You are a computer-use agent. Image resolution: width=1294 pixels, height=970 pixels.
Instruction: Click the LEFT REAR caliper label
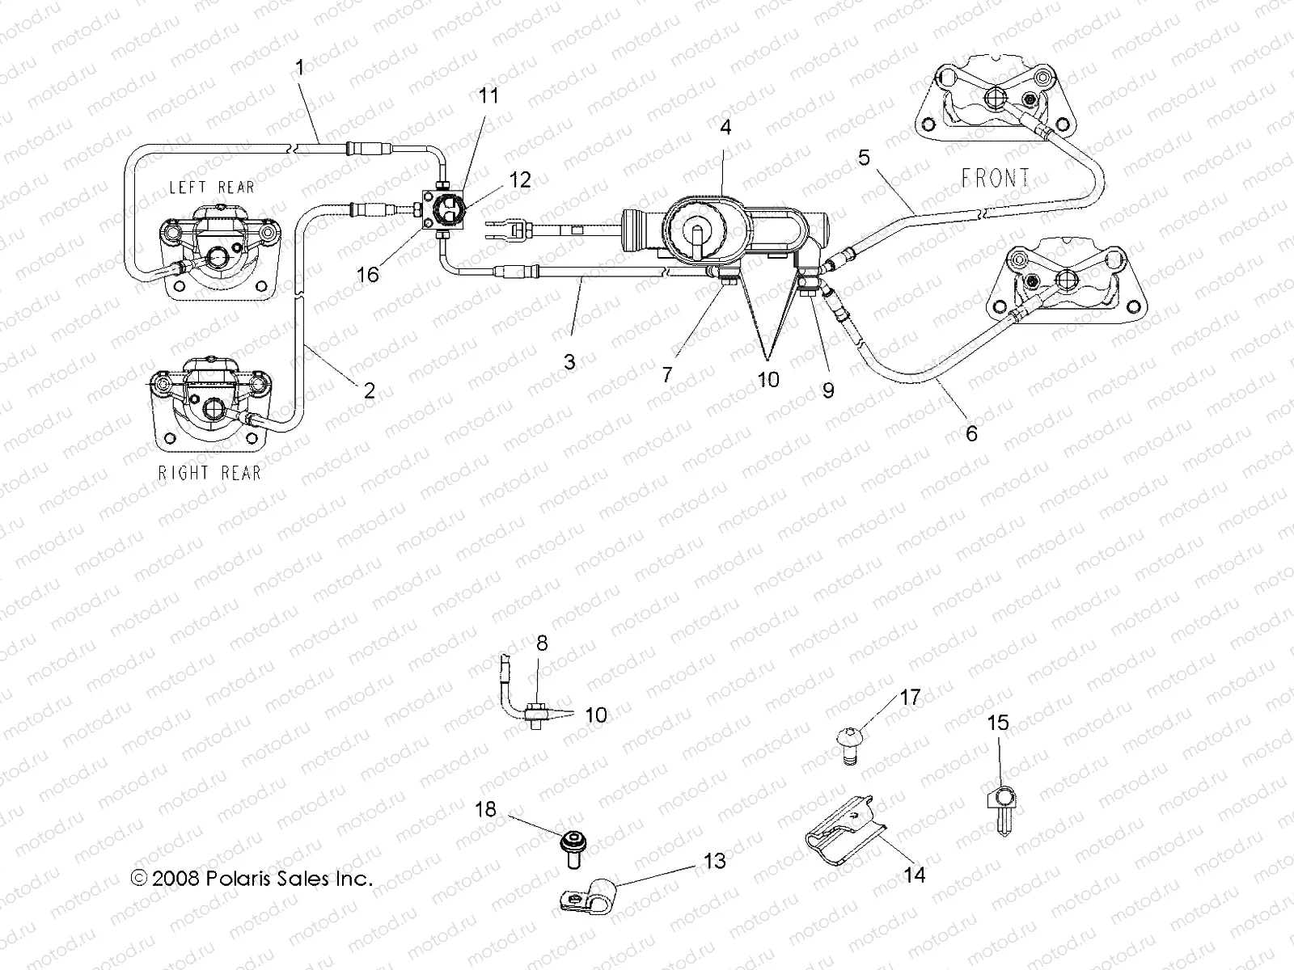click(x=222, y=188)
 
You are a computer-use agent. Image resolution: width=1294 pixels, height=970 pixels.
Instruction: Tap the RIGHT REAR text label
click(x=209, y=473)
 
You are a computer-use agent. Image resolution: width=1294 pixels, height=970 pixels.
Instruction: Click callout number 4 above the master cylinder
click(x=725, y=128)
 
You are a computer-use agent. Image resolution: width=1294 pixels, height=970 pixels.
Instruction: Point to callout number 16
click(x=368, y=275)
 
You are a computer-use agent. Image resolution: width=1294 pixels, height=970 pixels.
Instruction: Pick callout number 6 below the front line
click(x=971, y=434)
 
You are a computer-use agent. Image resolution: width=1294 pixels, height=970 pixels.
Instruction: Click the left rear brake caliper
click(x=220, y=251)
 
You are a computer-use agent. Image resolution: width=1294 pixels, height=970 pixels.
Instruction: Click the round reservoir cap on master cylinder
click(x=695, y=238)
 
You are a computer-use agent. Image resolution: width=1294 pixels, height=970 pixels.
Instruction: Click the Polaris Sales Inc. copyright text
click(x=252, y=879)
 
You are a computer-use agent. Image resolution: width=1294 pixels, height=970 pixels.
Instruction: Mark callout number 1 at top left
click(x=300, y=68)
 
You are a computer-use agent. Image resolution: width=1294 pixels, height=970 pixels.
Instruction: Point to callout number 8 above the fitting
click(x=542, y=643)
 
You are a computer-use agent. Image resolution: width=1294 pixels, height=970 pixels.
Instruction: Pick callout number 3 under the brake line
click(x=569, y=362)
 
